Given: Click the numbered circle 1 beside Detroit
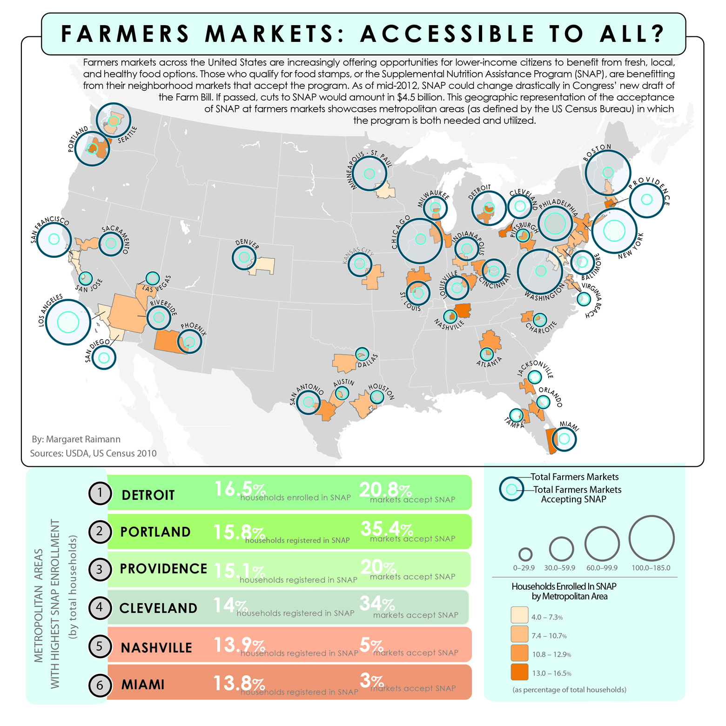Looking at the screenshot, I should (100, 493).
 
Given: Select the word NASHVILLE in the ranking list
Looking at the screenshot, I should (156, 647).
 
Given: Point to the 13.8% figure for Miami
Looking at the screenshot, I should (239, 683).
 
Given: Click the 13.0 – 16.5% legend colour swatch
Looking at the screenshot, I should (519, 672).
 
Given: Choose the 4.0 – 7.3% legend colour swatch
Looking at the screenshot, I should (519, 615).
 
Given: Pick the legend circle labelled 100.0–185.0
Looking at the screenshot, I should (651, 538).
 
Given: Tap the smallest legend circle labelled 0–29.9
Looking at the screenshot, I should (525, 554).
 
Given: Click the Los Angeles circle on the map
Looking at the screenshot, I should (68, 322).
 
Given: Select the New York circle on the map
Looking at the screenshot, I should (614, 231).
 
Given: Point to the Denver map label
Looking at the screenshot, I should (247, 244).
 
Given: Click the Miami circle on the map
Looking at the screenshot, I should (564, 438).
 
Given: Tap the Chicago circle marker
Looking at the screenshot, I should (420, 239).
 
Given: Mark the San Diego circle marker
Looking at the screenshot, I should (104, 357).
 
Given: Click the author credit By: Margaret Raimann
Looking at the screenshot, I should (76, 439).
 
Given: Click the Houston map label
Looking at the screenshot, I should (382, 391).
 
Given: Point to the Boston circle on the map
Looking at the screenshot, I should (608, 172).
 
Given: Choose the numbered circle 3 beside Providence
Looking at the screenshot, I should (100, 569).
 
